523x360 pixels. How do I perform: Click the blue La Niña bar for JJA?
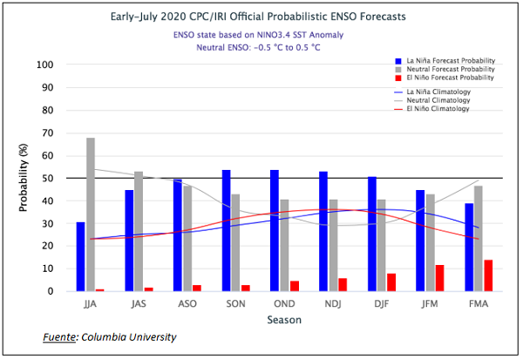click(80, 256)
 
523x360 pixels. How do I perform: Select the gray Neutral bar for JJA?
click(91, 214)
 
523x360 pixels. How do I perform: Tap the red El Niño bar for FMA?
click(487, 275)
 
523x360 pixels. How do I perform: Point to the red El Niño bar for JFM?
click(439, 278)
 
